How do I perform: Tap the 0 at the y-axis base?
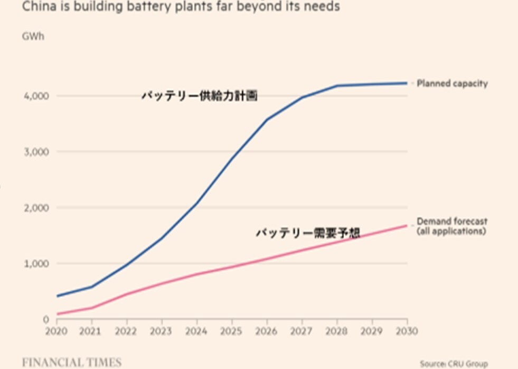45,319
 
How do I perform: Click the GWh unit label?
32,36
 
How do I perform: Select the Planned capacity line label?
452,84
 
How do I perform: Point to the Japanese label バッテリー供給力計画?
199,96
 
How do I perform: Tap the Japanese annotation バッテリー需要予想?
308,233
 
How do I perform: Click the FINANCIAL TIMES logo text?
72,363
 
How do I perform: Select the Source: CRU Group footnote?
454,364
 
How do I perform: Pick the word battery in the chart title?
146,7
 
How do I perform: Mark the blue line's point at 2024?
196,204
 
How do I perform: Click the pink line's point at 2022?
126,294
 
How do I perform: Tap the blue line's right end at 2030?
407,83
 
